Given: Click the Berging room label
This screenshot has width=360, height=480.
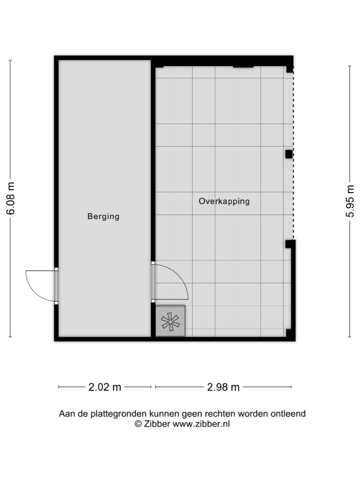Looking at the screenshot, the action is (x=103, y=217).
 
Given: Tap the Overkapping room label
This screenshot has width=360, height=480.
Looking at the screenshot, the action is (x=224, y=201).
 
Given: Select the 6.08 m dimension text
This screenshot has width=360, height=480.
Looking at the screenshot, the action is (x=11, y=198).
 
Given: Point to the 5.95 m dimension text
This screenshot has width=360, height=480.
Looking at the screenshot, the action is (x=350, y=201).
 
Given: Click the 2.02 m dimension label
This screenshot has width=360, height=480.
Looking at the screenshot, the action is (x=105, y=387).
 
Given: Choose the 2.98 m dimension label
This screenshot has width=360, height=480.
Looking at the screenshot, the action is (x=223, y=387).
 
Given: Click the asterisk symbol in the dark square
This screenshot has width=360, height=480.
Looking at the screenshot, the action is (x=170, y=322).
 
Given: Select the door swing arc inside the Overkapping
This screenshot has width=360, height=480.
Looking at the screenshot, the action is (x=180, y=278).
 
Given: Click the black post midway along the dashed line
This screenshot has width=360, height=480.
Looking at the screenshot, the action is (x=289, y=154).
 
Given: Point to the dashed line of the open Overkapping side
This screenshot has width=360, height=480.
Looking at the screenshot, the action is (x=293, y=153).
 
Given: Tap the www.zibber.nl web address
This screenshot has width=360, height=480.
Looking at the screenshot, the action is (x=202, y=424).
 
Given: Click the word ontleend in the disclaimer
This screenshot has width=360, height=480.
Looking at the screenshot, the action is (x=288, y=414).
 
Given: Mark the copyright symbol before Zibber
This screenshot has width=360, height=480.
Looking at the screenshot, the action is (x=138, y=424).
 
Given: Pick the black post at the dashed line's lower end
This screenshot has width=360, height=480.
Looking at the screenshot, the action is (x=289, y=244).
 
